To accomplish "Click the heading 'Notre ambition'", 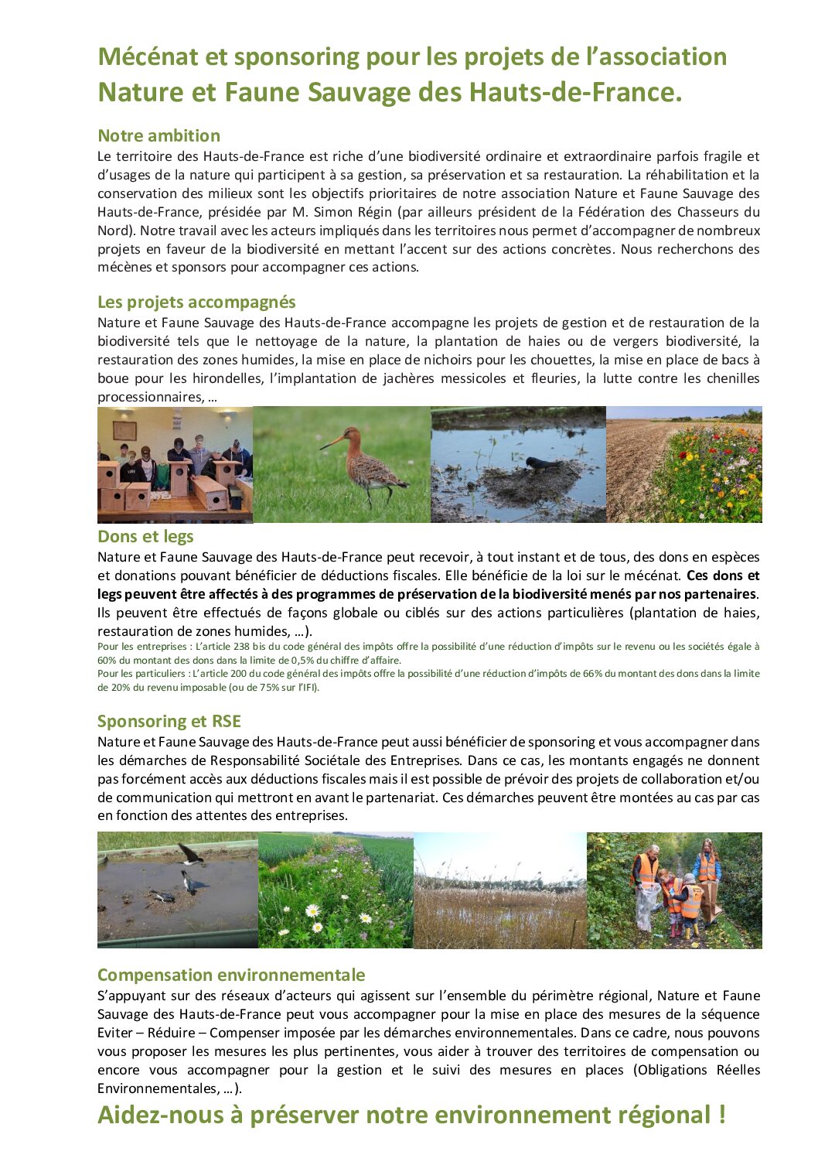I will pyautogui.click(x=158, y=136).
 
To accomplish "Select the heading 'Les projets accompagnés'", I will pyautogui.click(x=196, y=302).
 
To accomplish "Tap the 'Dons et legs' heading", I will pyautogui.click(x=145, y=537).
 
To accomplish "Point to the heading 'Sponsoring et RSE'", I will pyautogui.click(x=169, y=722).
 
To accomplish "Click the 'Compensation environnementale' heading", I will pyautogui.click(x=231, y=975).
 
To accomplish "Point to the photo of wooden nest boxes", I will pyautogui.click(x=175, y=465).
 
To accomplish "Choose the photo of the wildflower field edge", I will pyautogui.click(x=684, y=465).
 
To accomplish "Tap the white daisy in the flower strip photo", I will pyautogui.click(x=315, y=910).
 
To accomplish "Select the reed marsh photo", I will pyautogui.click(x=500, y=890).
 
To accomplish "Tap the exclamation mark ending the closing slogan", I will pyautogui.click(x=721, y=1115).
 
